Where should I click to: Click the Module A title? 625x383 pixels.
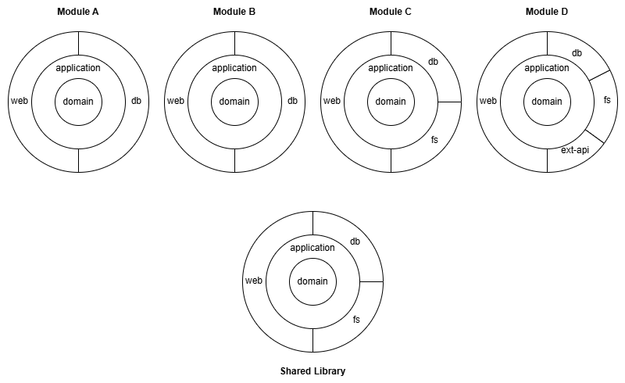[78, 13]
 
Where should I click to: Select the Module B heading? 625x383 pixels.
[234, 13]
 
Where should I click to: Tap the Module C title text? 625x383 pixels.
[391, 13]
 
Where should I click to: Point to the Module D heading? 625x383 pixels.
[547, 13]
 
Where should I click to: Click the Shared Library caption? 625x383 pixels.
[312, 371]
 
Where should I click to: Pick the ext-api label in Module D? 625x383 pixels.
[575, 149]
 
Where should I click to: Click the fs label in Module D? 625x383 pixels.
[607, 101]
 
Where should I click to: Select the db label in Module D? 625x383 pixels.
[577, 53]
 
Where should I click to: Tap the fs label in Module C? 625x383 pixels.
[434, 140]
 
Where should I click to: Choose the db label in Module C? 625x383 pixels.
[433, 62]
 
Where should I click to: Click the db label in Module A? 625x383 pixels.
[136, 101]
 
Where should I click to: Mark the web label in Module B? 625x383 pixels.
[176, 101]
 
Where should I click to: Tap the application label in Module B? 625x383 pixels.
[234, 68]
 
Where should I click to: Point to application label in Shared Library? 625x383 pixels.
[312, 248]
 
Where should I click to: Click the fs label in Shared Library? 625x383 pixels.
[356, 320]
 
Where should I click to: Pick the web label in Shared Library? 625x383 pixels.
[254, 281]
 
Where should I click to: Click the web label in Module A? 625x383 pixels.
[20, 101]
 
